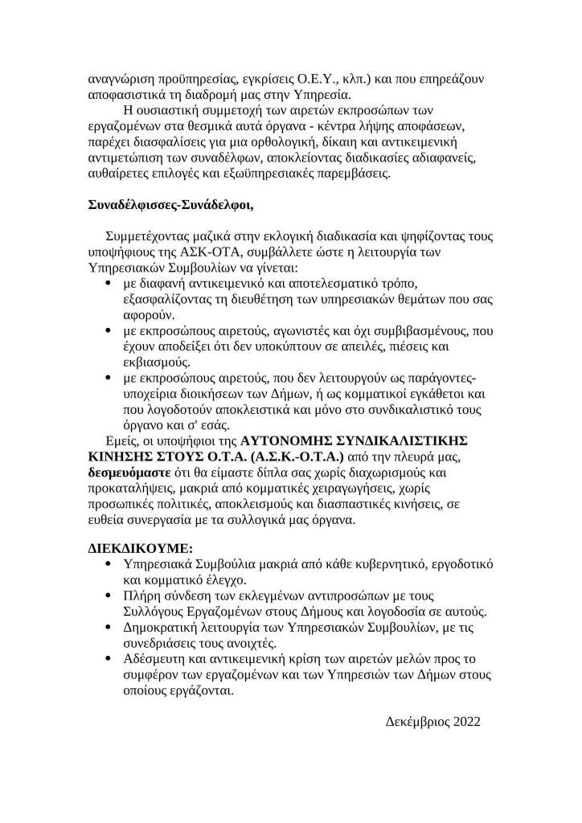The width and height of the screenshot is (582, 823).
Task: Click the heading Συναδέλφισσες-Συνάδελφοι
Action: point(170,204)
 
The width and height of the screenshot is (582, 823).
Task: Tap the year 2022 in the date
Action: point(466,721)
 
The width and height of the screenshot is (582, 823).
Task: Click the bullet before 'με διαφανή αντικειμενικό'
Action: point(109,285)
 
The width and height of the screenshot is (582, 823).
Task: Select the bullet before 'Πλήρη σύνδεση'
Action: point(109,596)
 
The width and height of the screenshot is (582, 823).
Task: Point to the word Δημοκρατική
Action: point(162,628)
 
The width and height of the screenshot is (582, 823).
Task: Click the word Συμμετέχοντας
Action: point(148,237)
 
